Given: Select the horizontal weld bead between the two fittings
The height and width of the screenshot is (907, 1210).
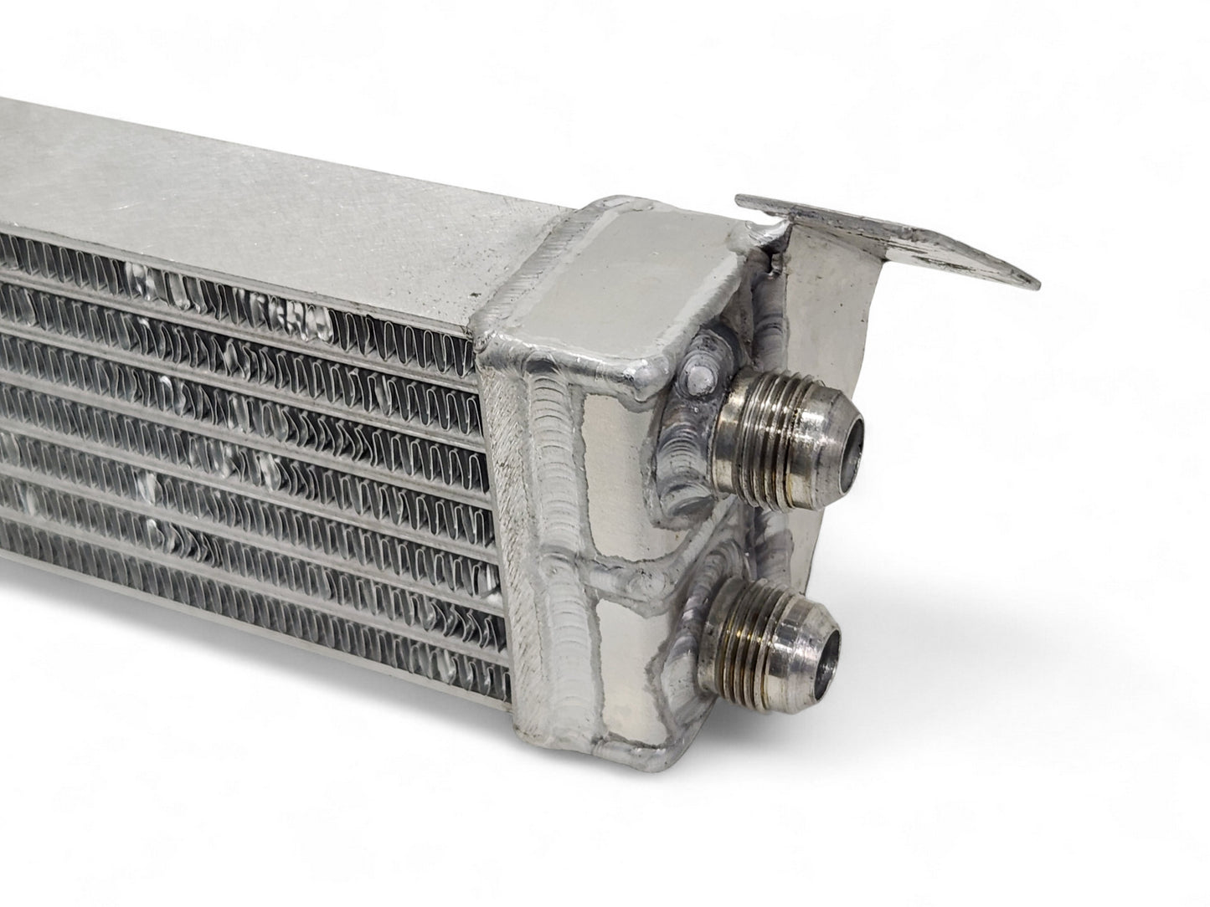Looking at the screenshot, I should (x=636, y=577).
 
